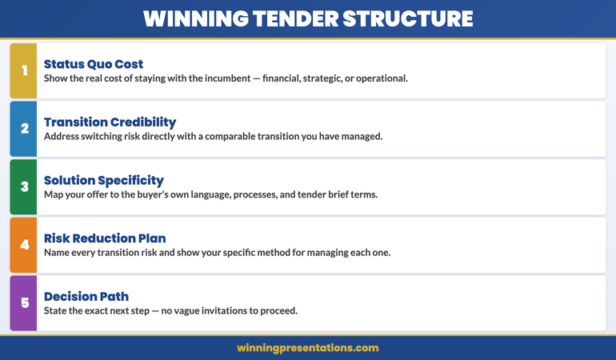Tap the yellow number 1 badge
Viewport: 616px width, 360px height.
click(x=24, y=71)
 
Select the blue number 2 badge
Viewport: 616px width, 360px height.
click(x=24, y=129)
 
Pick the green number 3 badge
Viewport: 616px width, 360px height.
click(x=24, y=186)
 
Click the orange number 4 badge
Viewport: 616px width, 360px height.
click(x=24, y=245)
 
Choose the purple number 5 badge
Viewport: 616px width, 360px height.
click(x=24, y=303)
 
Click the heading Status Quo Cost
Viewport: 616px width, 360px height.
click(x=94, y=64)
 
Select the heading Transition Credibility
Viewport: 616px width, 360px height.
click(x=110, y=122)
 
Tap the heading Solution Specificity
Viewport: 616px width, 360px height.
click(x=104, y=180)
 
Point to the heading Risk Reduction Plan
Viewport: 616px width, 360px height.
click(x=105, y=238)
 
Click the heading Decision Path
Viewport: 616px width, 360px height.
click(x=82, y=296)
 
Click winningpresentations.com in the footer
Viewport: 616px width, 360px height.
click(x=308, y=348)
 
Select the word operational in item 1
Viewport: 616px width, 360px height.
click(x=378, y=78)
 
